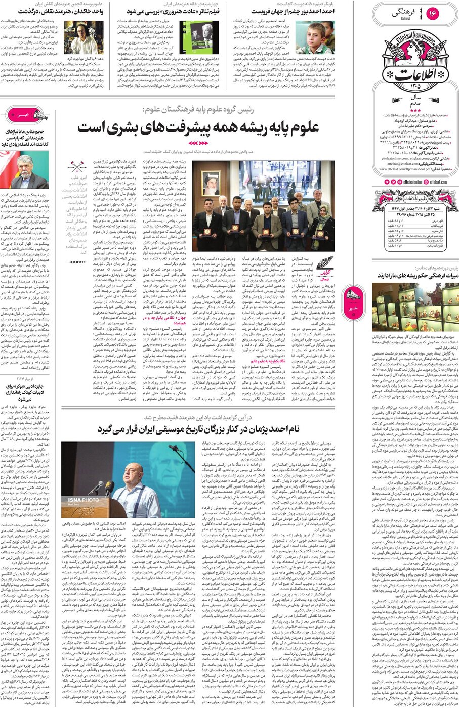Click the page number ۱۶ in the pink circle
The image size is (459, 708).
point(433,13)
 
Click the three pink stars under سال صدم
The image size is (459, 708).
point(415,110)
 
